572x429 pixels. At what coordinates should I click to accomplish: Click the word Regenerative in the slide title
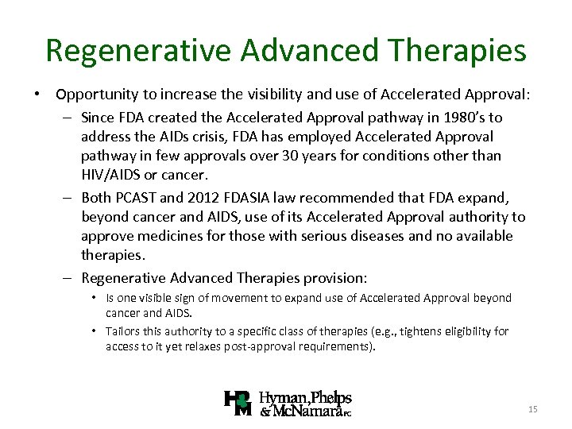point(139,50)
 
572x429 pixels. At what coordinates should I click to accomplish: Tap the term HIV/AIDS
point(113,175)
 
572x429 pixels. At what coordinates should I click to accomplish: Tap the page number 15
point(532,408)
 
